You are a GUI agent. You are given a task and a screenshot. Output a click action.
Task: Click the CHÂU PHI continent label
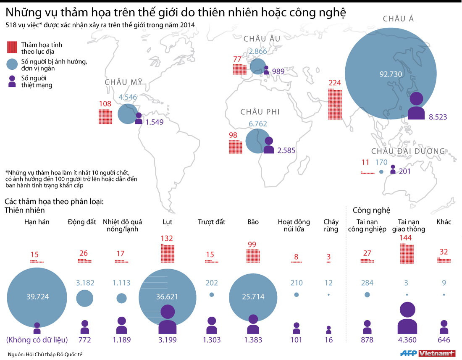click(260, 112)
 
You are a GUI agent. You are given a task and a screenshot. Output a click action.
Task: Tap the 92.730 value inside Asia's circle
click(391, 74)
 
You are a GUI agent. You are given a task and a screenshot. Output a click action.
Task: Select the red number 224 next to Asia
click(335, 83)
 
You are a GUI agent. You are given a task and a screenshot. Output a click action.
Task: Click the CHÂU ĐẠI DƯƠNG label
click(408, 151)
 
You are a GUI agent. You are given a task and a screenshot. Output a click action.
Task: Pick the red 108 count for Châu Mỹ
click(105, 104)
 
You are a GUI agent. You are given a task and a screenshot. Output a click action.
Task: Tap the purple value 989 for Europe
click(278, 71)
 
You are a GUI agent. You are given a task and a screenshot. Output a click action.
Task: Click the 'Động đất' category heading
click(82, 222)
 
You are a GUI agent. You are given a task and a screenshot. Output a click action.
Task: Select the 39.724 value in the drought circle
click(37, 297)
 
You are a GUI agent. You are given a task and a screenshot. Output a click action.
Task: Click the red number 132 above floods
click(167, 239)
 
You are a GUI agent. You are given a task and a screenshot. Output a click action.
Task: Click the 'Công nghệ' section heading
click(371, 210)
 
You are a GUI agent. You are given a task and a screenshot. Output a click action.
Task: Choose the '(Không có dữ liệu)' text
click(37, 340)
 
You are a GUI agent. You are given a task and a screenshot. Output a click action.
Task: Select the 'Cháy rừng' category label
click(331, 226)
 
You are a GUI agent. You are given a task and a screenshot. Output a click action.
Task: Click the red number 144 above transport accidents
click(406, 238)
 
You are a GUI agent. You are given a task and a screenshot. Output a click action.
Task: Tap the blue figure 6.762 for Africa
click(258, 124)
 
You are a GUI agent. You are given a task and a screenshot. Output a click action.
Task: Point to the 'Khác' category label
click(444, 222)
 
